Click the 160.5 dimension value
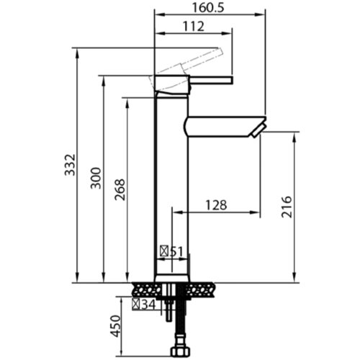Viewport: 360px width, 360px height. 208,8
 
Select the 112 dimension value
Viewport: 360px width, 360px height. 194,26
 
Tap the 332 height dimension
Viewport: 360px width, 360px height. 70,165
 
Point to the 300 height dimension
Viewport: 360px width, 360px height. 96,178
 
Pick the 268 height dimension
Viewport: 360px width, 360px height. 120,189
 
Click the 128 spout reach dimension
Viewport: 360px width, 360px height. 216,205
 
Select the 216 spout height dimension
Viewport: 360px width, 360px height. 287,207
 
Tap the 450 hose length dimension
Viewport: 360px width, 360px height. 115,326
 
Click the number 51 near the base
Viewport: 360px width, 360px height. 176,252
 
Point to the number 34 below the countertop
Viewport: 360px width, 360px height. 148,305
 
